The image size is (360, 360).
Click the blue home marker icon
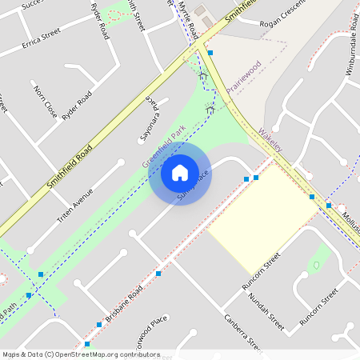(x=180, y=173)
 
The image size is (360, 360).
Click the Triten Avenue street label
(x=75, y=205)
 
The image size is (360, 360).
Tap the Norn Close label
(x=45, y=102)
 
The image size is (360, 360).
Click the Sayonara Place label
(x=150, y=120)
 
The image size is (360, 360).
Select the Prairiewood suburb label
(x=243, y=78)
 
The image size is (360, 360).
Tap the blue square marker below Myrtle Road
(x=210, y=53)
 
